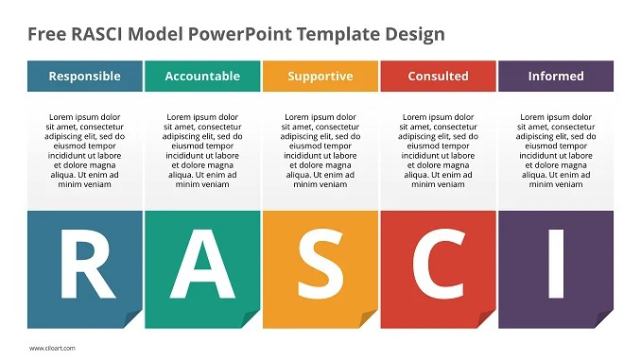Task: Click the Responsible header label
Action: tap(84, 77)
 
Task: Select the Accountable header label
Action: tap(202, 77)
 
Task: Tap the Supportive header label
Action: tap(320, 77)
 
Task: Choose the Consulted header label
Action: tap(438, 77)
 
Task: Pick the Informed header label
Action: tap(556, 77)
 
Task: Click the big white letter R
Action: tap(85, 264)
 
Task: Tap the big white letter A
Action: tap(202, 264)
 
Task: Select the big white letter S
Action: tap(320, 264)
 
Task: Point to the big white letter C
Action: tap(438, 264)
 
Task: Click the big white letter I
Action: tap(556, 264)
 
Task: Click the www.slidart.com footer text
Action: tap(53, 348)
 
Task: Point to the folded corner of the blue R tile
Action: tap(133, 319)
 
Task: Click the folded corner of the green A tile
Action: tap(251, 319)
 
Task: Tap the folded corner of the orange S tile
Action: tap(369, 319)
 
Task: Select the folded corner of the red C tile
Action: tap(486, 319)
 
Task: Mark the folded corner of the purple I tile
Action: tap(604, 319)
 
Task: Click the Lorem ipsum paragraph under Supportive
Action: tap(320, 151)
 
